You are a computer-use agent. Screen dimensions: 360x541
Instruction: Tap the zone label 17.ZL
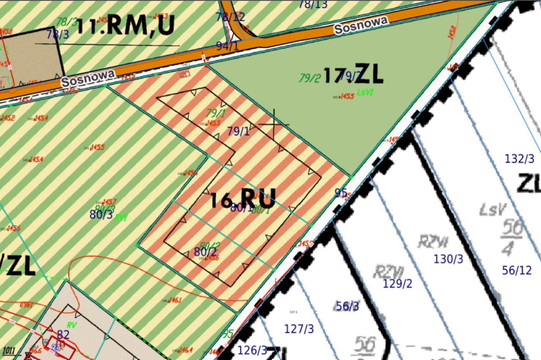353,74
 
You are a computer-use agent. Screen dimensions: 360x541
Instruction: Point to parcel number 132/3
519,159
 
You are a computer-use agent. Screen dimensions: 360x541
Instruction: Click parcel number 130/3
448,259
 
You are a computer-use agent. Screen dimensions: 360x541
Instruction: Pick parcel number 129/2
397,283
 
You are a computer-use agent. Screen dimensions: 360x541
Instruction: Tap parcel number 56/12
517,270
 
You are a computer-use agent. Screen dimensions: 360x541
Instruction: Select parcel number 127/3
299,329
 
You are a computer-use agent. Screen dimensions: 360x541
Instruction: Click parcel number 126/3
252,350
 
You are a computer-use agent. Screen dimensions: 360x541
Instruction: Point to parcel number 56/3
347,306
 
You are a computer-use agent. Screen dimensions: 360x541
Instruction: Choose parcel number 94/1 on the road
227,46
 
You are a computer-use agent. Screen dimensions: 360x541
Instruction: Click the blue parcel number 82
63,335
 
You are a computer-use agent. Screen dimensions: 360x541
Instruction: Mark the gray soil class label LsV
493,209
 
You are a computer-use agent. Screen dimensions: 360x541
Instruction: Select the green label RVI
121,217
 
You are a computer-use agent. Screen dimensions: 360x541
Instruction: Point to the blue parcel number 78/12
230,17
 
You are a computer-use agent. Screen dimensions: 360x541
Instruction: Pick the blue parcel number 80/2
205,252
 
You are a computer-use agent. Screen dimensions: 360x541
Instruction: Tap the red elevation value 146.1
175,300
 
